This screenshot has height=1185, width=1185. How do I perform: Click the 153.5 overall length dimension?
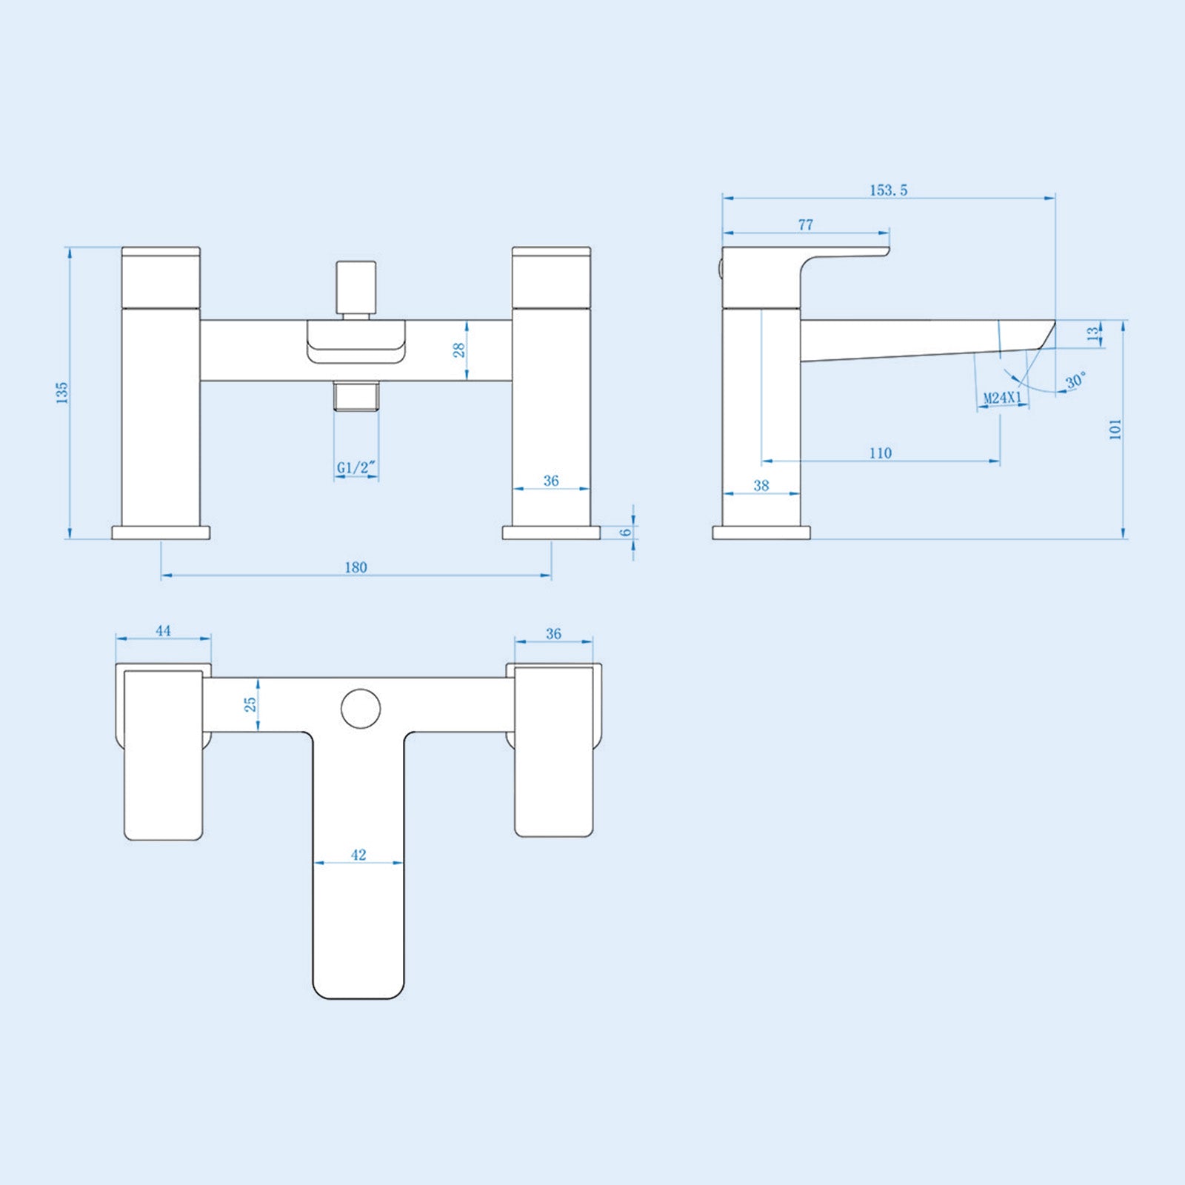coord(888,190)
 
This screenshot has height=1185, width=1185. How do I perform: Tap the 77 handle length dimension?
coord(806,224)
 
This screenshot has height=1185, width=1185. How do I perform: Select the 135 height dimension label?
coord(62,393)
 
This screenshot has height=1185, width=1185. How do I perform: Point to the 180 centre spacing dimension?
coord(355,567)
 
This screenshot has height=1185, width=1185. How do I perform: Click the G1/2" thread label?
coord(356,467)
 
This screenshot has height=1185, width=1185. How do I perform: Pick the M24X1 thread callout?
coord(1002,398)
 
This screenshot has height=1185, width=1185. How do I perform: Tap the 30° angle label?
coord(1075,381)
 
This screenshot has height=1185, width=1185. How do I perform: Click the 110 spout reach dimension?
coord(880,453)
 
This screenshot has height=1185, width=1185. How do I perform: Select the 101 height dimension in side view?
coord(1115,429)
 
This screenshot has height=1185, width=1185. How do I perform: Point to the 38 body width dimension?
coord(761,486)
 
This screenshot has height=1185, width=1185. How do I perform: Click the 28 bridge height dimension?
coord(459,350)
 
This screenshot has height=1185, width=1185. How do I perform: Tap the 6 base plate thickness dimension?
coord(627,532)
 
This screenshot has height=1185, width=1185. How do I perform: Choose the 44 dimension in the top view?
coord(163,630)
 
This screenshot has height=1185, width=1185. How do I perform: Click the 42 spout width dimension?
coord(358,855)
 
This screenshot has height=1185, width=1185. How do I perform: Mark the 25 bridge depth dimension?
coord(250,704)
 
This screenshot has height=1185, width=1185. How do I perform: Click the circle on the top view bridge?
coord(361,707)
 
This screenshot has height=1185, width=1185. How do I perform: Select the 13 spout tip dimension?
coord(1093,334)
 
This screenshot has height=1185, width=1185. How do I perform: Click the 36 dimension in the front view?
coord(551,481)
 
